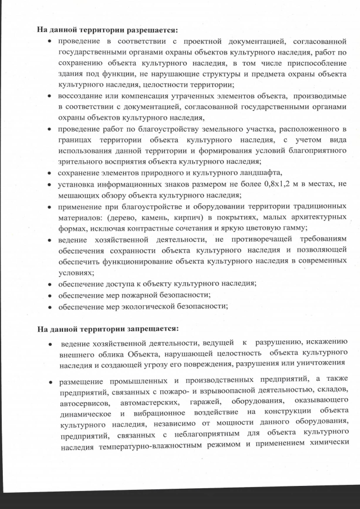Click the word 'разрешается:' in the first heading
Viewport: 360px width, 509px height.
150,29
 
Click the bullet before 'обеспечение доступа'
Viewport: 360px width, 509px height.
51,283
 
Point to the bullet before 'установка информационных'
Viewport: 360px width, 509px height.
51,184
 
